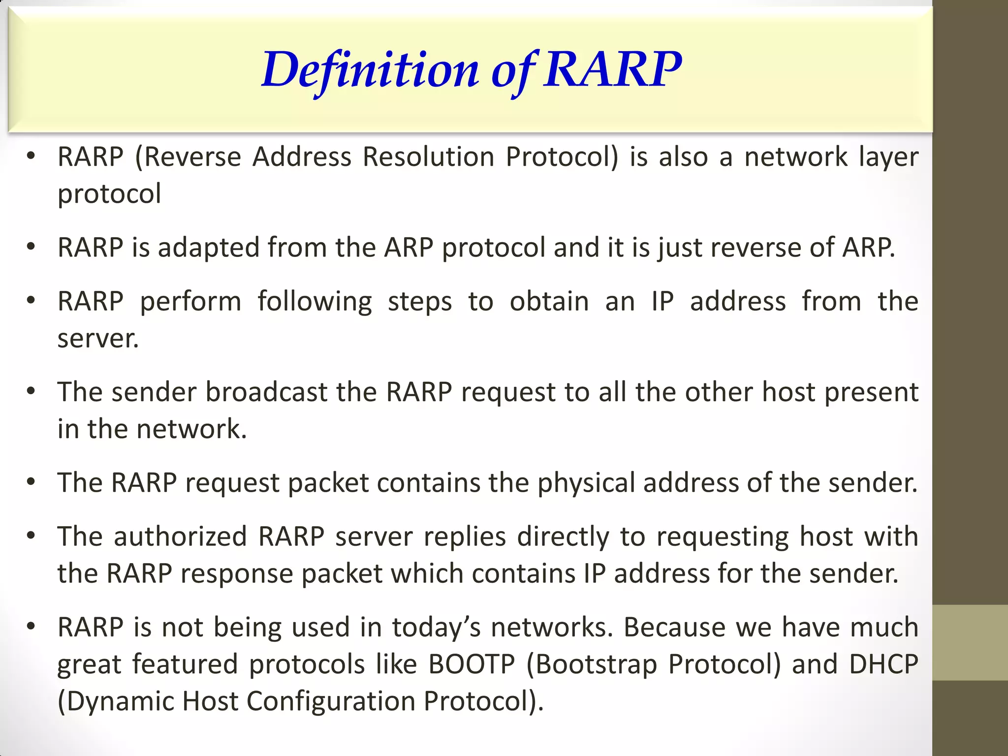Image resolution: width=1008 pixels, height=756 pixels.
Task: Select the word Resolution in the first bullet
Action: point(428,157)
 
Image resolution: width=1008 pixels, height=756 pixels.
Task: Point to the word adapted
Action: point(208,248)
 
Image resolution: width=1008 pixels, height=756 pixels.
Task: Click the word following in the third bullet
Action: point(315,302)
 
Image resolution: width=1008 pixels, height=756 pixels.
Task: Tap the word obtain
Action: point(549,301)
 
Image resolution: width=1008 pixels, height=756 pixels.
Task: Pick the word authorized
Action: point(180,536)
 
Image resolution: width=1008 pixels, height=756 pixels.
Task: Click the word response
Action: point(237,574)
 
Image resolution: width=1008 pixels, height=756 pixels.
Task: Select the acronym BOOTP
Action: point(471,664)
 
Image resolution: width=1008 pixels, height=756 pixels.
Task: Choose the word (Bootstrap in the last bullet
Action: point(591,664)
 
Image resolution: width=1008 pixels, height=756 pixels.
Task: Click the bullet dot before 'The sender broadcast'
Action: point(31,391)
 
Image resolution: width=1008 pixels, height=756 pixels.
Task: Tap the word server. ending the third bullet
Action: point(98,339)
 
